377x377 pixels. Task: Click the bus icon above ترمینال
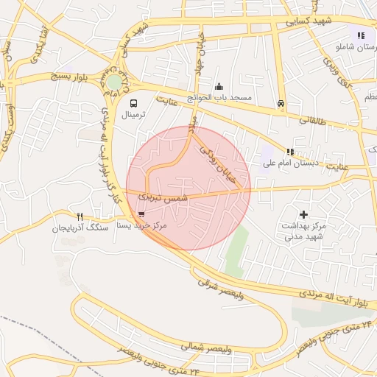tap(134, 103)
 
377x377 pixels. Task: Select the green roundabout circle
tap(114, 82)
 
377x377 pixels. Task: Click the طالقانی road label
tap(313, 119)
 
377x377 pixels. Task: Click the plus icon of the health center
tap(303, 214)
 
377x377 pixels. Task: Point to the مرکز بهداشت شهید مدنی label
tap(303, 230)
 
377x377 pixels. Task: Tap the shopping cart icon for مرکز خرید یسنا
tap(141, 214)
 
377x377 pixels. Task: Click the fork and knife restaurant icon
tap(80, 216)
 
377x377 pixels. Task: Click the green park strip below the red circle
tap(235, 254)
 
